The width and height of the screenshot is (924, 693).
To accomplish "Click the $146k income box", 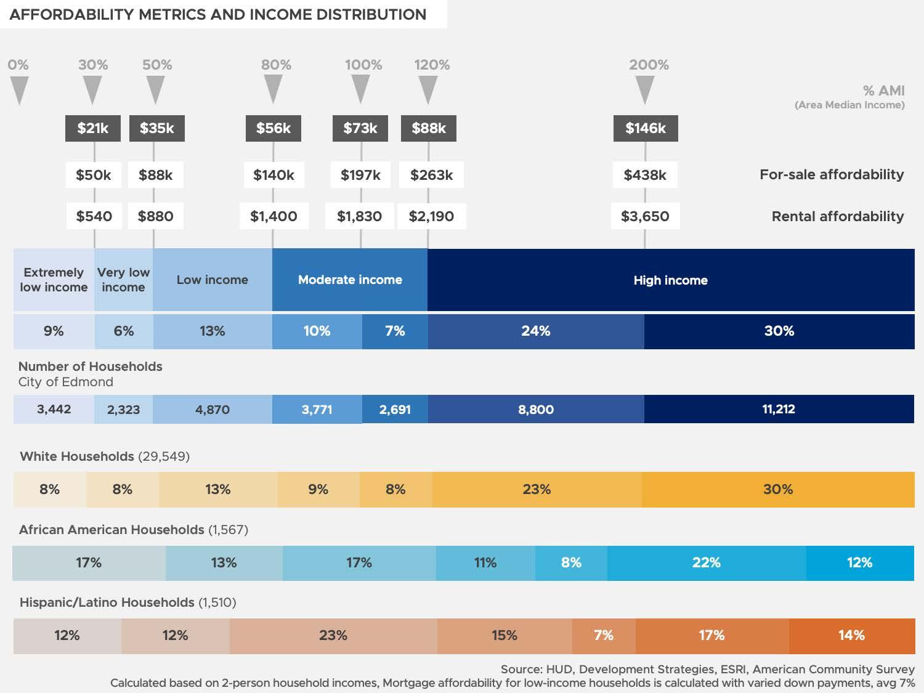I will click(646, 128).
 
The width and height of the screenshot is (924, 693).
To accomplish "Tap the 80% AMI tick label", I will click(276, 65).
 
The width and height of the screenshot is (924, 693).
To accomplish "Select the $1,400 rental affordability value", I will click(274, 216).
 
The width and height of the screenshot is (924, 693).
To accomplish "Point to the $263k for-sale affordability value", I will click(431, 175).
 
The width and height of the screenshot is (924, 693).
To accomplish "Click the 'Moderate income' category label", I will click(350, 280).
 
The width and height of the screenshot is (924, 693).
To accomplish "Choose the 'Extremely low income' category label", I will click(54, 280).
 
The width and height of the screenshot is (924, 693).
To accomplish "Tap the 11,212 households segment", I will click(779, 409).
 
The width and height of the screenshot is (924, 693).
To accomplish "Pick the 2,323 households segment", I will click(123, 410).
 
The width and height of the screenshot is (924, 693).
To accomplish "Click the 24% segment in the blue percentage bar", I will click(536, 331).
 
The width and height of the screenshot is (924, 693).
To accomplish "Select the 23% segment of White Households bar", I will click(537, 490).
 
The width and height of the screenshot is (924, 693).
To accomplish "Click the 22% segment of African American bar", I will click(706, 562).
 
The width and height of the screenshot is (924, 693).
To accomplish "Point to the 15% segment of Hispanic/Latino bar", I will click(504, 635).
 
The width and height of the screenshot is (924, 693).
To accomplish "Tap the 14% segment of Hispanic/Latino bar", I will click(851, 635).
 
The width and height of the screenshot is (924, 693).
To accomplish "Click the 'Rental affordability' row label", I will click(837, 216).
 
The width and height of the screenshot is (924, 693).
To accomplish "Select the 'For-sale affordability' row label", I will click(831, 174).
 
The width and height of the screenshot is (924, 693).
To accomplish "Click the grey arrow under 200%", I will click(644, 90).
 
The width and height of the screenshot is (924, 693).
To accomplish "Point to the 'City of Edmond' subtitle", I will click(66, 382).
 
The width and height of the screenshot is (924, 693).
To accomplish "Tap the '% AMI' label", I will click(883, 91).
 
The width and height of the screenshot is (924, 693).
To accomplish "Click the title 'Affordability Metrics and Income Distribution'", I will click(218, 14).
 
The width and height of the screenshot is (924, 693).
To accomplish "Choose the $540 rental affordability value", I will click(94, 216).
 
